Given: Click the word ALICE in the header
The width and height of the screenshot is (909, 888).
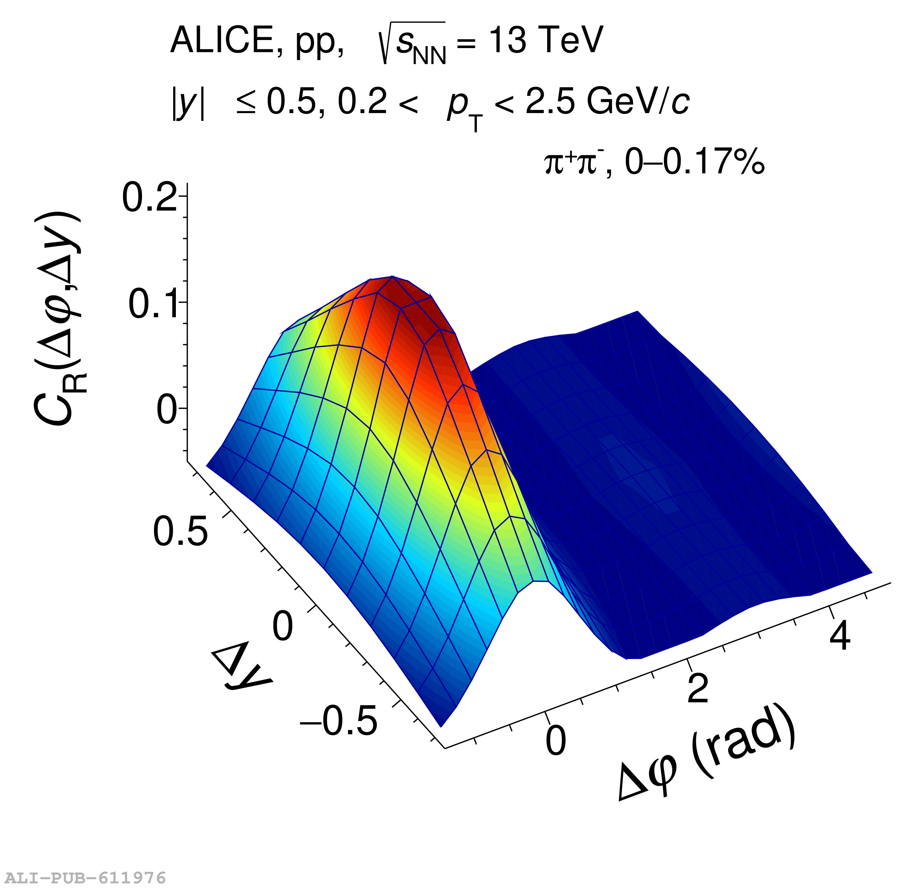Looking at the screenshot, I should coord(222,41).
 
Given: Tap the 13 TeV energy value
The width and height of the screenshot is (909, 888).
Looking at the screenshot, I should coord(545,41).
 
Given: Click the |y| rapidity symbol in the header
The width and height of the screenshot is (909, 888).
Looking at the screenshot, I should coord(188,103).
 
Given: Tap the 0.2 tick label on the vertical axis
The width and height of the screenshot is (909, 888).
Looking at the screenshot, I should coord(149,198).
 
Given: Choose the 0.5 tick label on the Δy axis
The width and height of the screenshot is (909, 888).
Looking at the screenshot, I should coord(180,531).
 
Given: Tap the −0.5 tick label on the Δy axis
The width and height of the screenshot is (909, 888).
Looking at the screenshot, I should coord(339,721).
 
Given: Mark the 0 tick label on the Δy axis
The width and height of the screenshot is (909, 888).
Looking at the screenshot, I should coord(282,626).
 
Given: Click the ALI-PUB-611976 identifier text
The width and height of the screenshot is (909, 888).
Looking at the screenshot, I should coord(84,877).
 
